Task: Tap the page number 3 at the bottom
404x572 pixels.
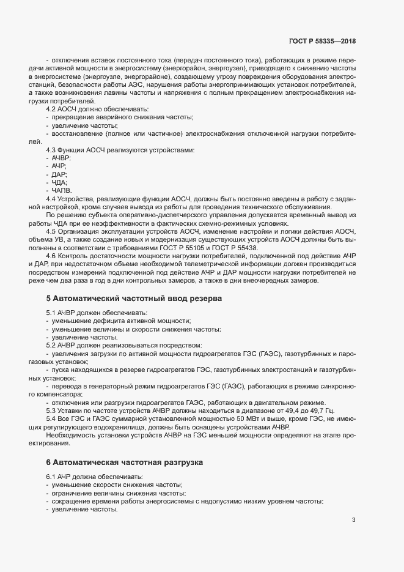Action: [x=353, y=521]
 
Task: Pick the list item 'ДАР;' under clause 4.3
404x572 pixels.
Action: [x=60, y=174]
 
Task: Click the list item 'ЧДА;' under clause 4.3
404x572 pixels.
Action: [x=60, y=183]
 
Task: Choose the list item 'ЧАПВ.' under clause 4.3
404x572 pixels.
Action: [x=62, y=191]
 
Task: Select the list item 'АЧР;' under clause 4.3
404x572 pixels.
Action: [x=60, y=166]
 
